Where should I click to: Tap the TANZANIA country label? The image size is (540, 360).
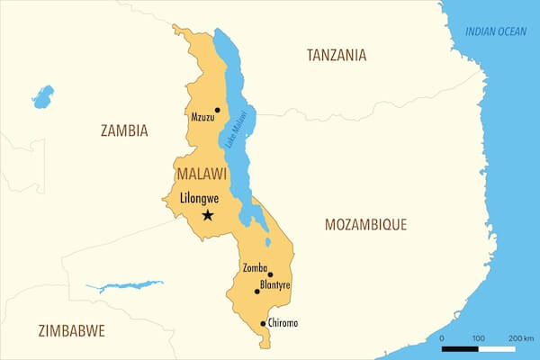coord(336,55)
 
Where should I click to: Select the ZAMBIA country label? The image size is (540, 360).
coord(124,130)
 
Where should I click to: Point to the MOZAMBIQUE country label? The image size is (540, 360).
coord(365,224)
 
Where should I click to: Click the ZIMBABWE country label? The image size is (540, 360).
coord(72,330)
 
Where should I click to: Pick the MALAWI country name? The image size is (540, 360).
coord(201,173)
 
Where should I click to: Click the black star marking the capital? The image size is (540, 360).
coord(208,214)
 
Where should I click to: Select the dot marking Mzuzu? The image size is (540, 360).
coord(217,110)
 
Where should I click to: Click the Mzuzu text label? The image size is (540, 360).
coord(202,117)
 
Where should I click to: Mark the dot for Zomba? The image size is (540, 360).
coord(270,274)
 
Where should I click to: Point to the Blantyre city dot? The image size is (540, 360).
coord(256,292)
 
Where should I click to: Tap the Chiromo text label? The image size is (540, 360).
coord(283,323)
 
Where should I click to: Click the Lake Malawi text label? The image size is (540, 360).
coord(237,132)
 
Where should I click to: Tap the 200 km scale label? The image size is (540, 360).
coord(521,337)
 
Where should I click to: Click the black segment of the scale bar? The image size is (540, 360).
coord(460,347)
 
